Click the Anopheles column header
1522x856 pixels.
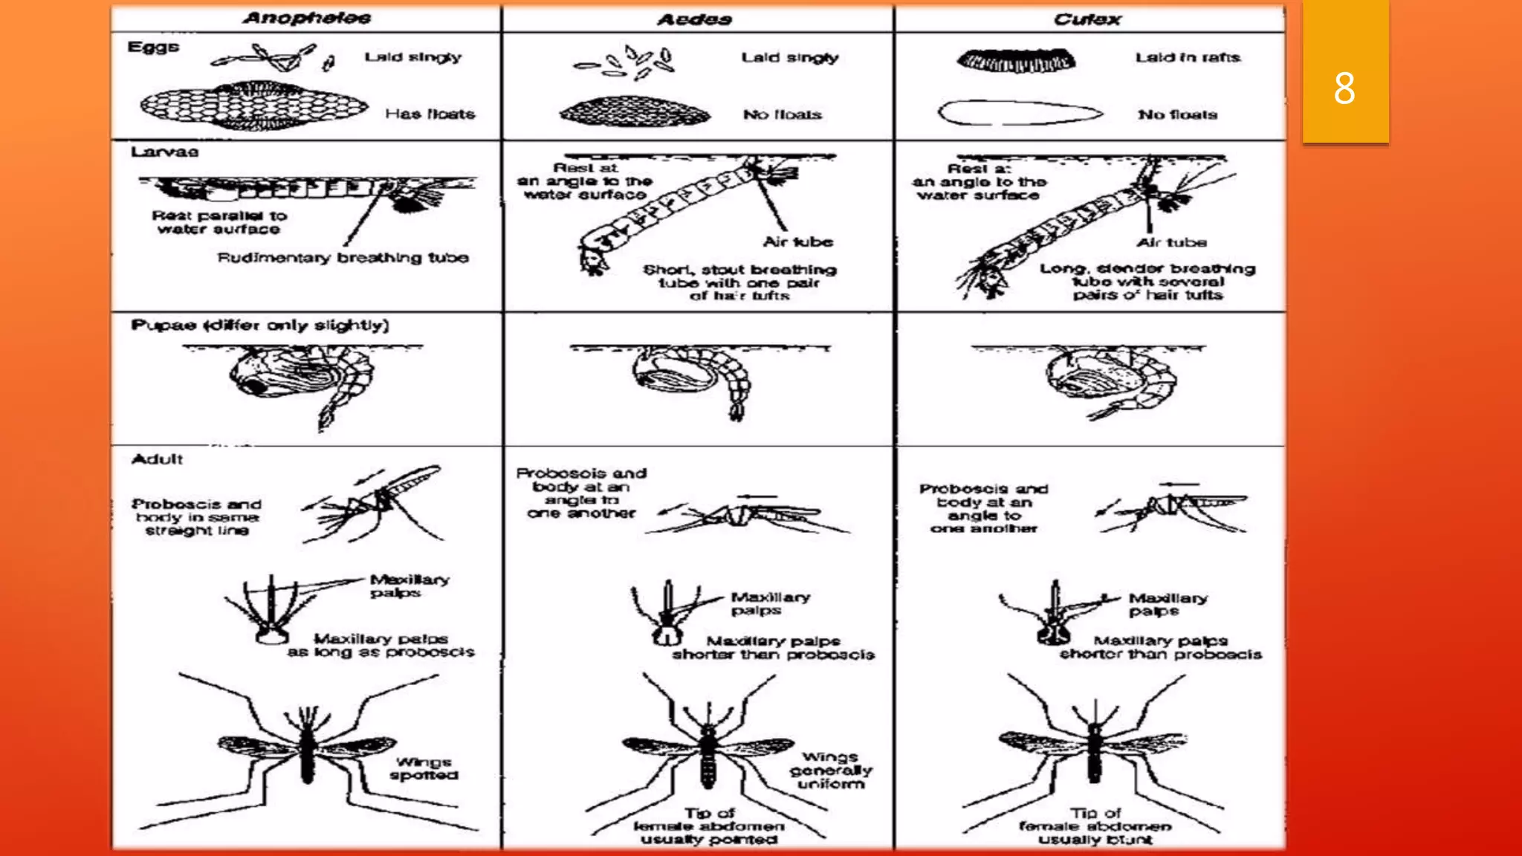(306, 18)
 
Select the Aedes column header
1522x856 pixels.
(695, 19)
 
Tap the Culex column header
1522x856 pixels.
(1087, 19)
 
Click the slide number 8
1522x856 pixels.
(1344, 88)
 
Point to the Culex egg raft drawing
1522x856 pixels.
(1016, 60)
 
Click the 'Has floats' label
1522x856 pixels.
(430, 114)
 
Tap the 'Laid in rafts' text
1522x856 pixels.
(1187, 57)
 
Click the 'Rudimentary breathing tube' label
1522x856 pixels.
(343, 258)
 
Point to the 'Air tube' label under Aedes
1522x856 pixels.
(797, 241)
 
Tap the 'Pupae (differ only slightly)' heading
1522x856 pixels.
(259, 325)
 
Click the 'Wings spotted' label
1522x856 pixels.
(424, 768)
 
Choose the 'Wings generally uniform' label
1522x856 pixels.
(830, 771)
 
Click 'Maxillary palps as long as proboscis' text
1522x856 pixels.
(380, 645)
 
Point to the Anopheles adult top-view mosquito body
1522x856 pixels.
(308, 750)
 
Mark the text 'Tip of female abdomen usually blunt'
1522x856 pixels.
(1095, 826)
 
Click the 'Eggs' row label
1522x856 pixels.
(153, 47)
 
